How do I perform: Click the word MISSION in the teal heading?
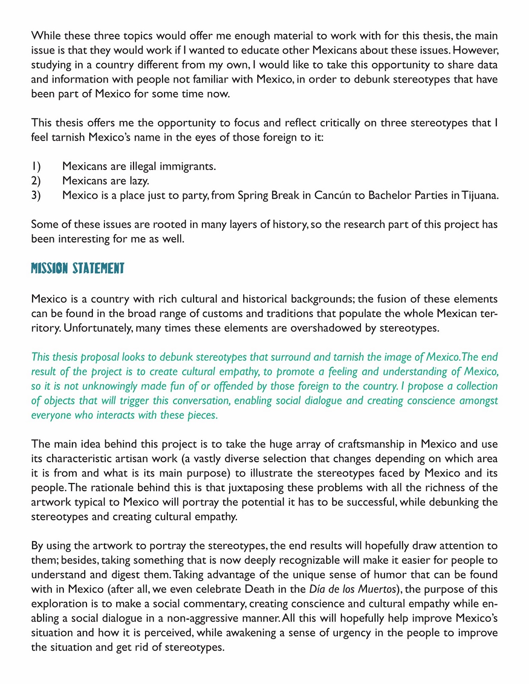tap(49, 268)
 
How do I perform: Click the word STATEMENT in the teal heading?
tap(98, 268)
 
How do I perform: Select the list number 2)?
tap(36, 181)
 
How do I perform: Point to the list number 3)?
tap(36, 195)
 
